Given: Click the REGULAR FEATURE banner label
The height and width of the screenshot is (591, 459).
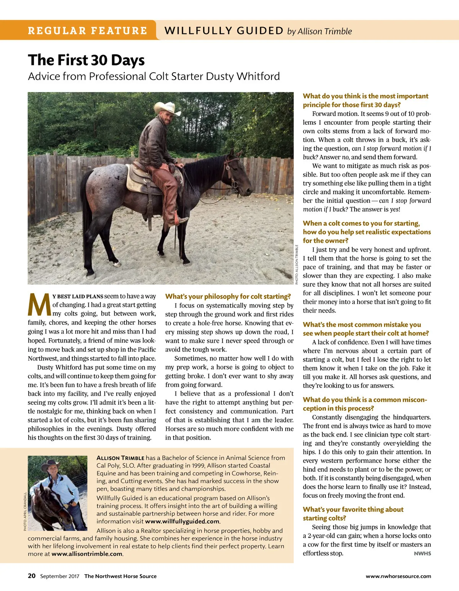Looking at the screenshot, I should click(x=88, y=31).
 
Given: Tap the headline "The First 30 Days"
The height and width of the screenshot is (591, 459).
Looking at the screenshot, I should click(x=86, y=60).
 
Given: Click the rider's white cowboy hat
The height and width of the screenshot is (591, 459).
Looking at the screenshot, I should click(x=167, y=108).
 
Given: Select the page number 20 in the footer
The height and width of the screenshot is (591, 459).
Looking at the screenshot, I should click(x=32, y=576).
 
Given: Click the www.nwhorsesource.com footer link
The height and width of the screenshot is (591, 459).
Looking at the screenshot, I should click(x=398, y=576).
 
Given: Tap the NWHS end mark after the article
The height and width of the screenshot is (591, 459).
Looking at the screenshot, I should click(x=422, y=554).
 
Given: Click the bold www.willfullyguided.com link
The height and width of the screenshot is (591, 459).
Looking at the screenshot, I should click(x=182, y=521).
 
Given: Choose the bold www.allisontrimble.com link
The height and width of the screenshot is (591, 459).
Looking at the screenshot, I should click(x=87, y=554).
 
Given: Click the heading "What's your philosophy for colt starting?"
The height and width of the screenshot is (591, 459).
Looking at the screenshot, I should click(x=228, y=296).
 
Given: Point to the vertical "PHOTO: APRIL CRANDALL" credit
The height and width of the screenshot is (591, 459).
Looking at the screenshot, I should click(x=25, y=511).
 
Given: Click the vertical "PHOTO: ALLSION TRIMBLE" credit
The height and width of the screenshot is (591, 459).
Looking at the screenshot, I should click(x=297, y=264).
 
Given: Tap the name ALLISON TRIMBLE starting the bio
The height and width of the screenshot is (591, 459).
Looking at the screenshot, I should click(x=120, y=458).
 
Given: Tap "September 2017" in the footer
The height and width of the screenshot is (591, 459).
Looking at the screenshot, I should click(x=60, y=576).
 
